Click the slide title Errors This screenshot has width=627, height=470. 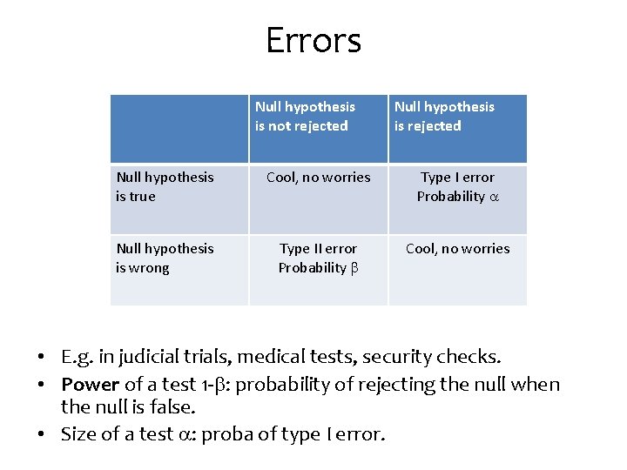pyautogui.click(x=313, y=41)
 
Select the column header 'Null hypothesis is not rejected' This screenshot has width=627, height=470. pyautogui.click(x=305, y=117)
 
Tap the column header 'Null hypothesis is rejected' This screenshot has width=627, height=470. pyautogui.click(x=444, y=117)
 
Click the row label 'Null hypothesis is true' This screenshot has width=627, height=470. pyautogui.click(x=165, y=187)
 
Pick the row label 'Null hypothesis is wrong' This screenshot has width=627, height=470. pyautogui.click(x=165, y=258)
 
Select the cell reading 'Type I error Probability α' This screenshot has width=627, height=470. pyautogui.click(x=457, y=187)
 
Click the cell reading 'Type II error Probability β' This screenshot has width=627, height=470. pyautogui.click(x=318, y=258)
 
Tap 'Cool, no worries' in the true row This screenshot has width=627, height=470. pyautogui.click(x=318, y=178)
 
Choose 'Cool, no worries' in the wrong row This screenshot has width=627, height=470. pyautogui.click(x=457, y=249)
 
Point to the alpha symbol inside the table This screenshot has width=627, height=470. pyautogui.click(x=494, y=198)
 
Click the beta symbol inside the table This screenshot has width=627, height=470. pyautogui.click(x=354, y=268)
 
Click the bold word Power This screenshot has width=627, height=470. pyautogui.click(x=91, y=384)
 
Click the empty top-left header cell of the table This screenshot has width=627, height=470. pyautogui.click(x=179, y=129)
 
